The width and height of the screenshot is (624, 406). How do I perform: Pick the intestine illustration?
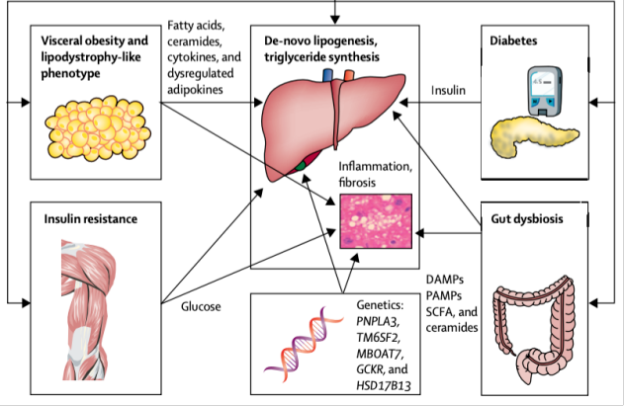click(x=538, y=326)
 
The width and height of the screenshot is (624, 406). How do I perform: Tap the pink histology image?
click(x=375, y=219)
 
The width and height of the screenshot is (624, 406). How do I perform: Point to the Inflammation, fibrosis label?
click(x=375, y=175)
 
